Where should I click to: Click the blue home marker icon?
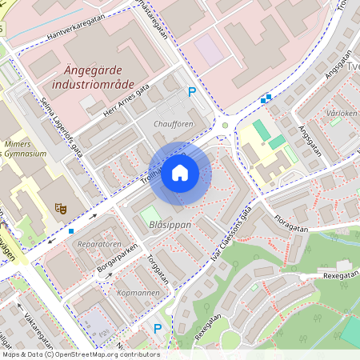click(180, 173)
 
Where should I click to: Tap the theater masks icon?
click(60, 208)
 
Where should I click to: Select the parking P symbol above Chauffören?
click(191, 93)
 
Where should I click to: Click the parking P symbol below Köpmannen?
click(158, 329)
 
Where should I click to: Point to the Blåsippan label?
click(170, 225)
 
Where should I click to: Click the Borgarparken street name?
click(118, 262)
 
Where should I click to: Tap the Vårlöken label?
click(342, 114)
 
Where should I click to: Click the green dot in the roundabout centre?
click(226, 126)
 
